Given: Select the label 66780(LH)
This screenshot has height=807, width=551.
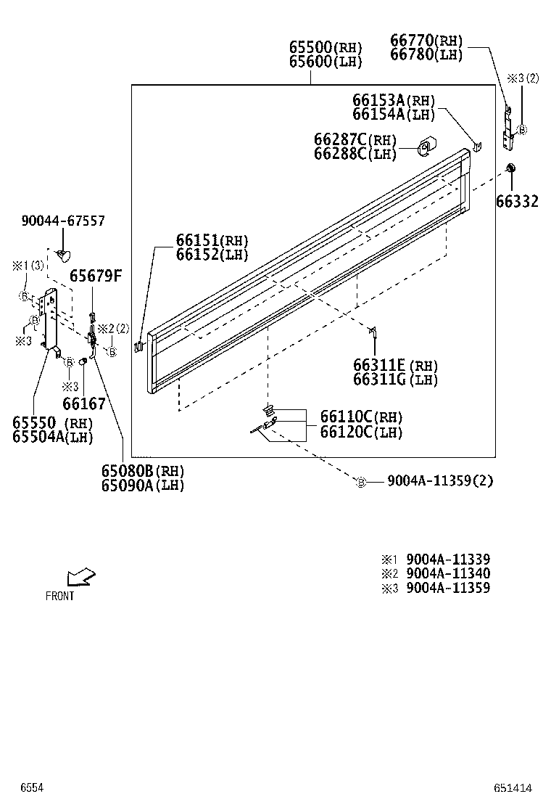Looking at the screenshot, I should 426,55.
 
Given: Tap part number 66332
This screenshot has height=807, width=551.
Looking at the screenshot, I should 517,201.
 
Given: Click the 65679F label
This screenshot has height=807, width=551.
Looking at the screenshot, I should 96,276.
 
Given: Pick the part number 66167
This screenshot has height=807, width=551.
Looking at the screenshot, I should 84,403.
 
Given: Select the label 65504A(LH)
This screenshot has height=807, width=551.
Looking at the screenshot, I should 52,437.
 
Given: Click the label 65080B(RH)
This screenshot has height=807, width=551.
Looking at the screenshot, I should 143,472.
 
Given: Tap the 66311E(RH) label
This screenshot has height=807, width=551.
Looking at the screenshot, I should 395,365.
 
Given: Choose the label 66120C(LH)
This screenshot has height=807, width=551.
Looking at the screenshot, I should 361,432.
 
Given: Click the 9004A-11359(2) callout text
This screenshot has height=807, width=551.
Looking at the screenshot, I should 440,480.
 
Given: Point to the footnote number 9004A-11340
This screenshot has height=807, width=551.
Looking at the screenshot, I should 448,573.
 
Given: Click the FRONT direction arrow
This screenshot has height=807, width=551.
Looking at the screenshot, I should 80,577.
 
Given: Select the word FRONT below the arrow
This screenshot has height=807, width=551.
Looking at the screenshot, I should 59,597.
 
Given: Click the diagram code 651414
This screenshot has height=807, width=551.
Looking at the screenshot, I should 513,788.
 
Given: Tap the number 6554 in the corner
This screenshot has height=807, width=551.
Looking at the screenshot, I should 31,788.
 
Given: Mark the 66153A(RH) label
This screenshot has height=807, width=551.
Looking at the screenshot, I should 394,100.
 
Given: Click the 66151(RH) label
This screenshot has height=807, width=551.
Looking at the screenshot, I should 212,240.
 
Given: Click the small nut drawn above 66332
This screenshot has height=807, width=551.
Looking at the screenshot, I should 510,168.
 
